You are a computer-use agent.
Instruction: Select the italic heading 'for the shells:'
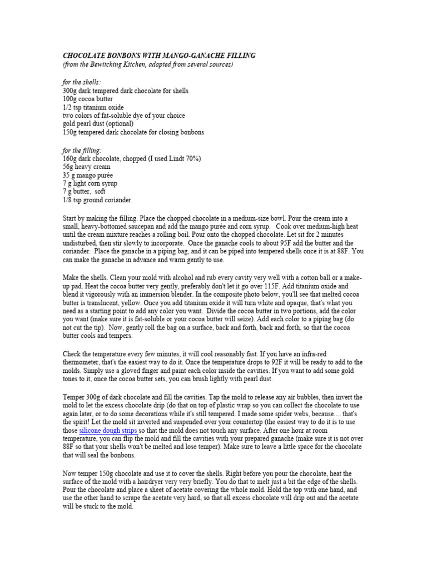[x=82, y=82]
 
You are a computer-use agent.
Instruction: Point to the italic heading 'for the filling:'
[x=82, y=150]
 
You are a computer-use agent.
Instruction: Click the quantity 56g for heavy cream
[x=69, y=167]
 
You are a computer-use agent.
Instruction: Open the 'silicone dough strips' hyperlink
[x=107, y=431]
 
